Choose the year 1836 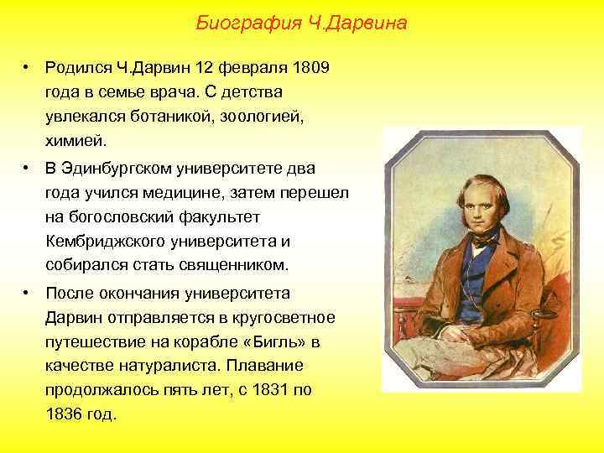[64, 414]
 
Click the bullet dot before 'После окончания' [28, 294]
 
